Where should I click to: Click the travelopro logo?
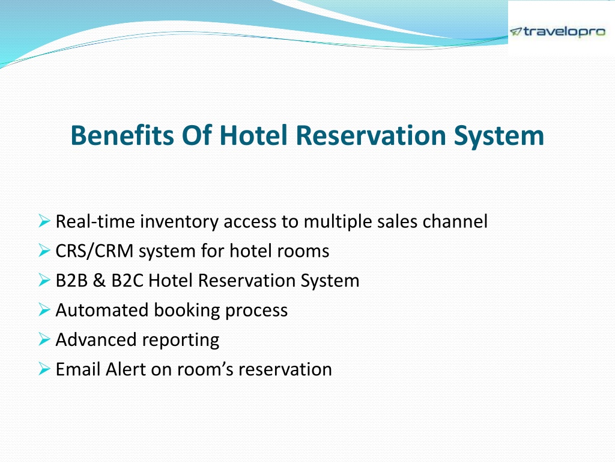tap(558, 31)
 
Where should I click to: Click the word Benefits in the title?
tap(122, 135)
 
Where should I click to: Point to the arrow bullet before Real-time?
tap(44, 221)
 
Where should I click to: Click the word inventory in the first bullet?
tap(179, 221)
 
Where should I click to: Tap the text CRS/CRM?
tap(94, 251)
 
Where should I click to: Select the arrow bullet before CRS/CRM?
tap(44, 250)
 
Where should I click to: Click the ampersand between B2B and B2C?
tap(99, 281)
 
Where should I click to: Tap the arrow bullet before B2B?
tap(44, 280)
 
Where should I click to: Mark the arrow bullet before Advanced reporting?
tap(44, 339)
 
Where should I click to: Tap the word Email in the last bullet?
tap(78, 369)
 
